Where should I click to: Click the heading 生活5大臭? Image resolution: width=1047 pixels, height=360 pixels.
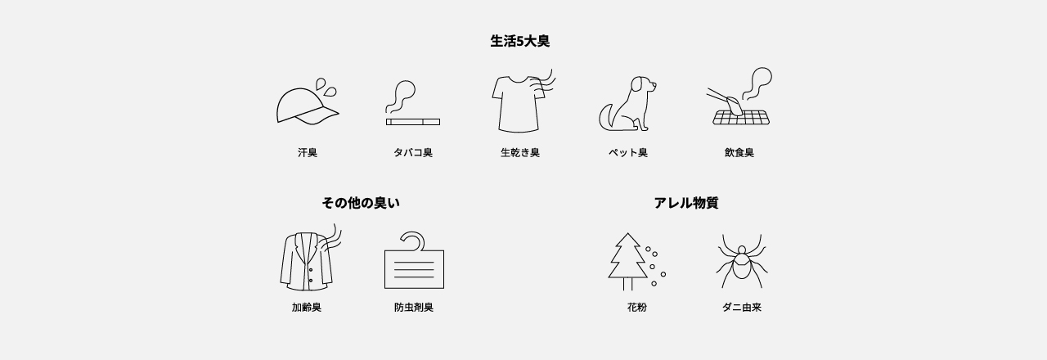pyautogui.click(x=519, y=41)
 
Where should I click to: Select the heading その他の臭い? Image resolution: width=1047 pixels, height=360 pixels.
pyautogui.click(x=361, y=203)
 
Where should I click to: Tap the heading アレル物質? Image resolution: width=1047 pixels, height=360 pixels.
pyautogui.click(x=685, y=203)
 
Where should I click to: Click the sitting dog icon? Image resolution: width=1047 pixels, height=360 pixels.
pyautogui.click(x=627, y=105)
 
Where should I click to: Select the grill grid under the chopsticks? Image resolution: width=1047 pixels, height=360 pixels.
pyautogui.click(x=741, y=118)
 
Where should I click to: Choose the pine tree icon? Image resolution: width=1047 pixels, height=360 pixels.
pyautogui.click(x=627, y=260)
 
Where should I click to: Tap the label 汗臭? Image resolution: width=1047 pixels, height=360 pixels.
pyautogui.click(x=308, y=153)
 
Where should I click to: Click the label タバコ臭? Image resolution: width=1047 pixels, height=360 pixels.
pyautogui.click(x=413, y=153)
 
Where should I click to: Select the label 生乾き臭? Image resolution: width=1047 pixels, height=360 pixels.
pyautogui.click(x=520, y=153)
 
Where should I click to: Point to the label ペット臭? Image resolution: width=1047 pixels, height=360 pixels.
pyautogui.click(x=627, y=153)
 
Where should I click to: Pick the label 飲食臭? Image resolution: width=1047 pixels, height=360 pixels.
pyautogui.click(x=739, y=153)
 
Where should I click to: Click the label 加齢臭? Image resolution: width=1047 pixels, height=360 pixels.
pyautogui.click(x=307, y=308)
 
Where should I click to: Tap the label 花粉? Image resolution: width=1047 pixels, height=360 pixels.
pyautogui.click(x=636, y=308)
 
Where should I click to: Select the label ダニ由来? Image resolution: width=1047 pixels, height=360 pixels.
pyautogui.click(x=741, y=308)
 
